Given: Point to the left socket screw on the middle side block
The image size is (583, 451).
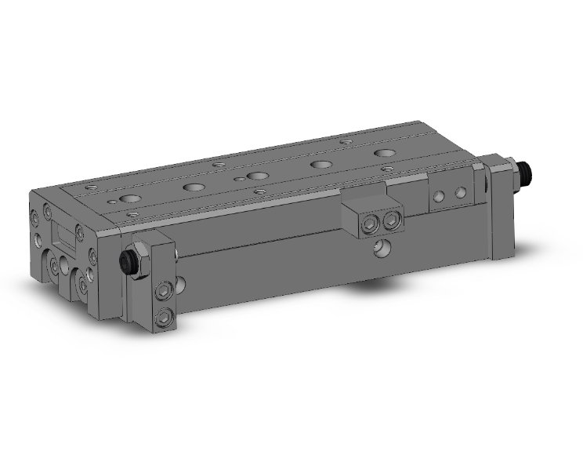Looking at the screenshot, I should pos(368,226).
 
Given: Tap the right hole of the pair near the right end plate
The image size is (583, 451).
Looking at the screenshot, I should pos(462,192).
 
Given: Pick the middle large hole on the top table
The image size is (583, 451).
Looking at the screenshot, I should pos(255,175).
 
